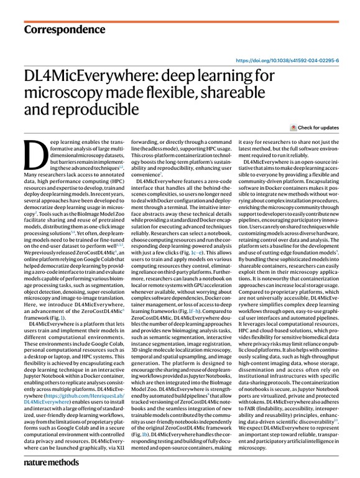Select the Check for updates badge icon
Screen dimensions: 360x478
tap(293, 128)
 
